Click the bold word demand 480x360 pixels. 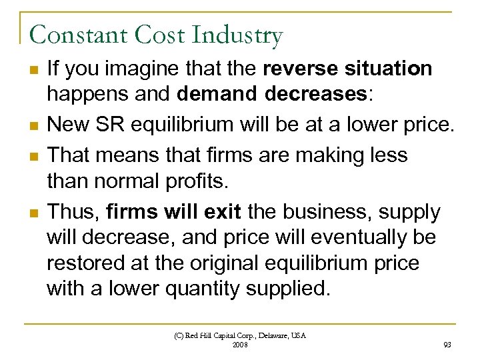[x=215, y=94]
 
